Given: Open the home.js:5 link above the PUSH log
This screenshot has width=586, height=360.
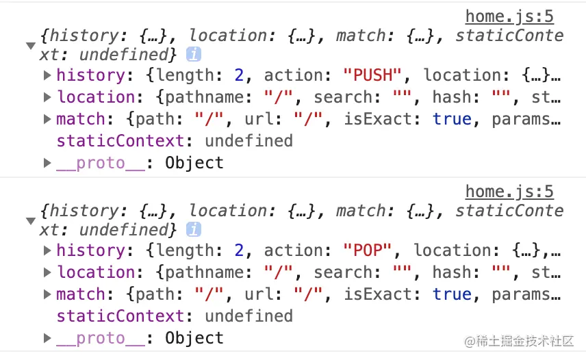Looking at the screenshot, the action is [x=509, y=16].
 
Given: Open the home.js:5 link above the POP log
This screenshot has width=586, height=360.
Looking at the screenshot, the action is [x=509, y=191].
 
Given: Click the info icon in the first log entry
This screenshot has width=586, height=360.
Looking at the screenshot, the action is [x=194, y=55].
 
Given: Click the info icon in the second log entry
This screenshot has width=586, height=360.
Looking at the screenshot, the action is [x=194, y=230].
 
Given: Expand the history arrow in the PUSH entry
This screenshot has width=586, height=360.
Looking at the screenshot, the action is [x=47, y=75].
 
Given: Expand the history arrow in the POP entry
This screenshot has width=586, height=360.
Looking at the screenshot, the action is [x=47, y=250].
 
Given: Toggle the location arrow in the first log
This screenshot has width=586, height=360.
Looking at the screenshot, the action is [x=47, y=97].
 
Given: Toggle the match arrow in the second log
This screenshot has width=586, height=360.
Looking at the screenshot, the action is [x=47, y=294].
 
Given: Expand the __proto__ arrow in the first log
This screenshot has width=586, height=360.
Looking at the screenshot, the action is [x=47, y=163].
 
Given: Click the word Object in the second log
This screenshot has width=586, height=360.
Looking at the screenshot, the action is [x=194, y=338].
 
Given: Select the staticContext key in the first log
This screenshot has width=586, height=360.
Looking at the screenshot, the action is [x=120, y=141].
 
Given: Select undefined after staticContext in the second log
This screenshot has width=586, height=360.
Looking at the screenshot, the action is [x=249, y=316].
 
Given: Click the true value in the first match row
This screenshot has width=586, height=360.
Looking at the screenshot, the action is [x=452, y=119].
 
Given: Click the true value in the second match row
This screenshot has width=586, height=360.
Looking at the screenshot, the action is [x=452, y=294].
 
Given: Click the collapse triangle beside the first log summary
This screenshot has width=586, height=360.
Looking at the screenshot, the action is [x=31, y=46].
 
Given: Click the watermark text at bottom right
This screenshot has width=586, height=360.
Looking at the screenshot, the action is [x=520, y=340].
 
